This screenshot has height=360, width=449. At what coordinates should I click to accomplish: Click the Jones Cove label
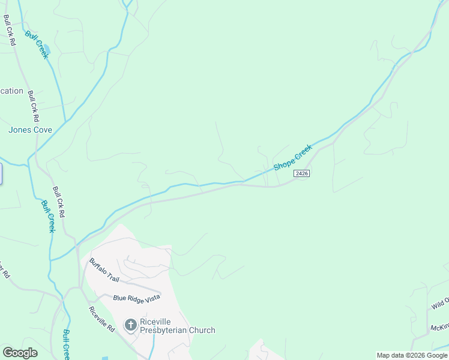coord(30,130)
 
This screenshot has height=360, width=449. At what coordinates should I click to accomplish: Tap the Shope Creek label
coord(293,157)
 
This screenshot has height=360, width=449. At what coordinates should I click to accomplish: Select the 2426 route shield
coord(301,173)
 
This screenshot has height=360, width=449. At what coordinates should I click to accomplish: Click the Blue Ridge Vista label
coord(137,298)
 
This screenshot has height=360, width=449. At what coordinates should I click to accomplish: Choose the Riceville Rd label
coord(101,319)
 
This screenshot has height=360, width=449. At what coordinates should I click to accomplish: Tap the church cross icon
coord(130,325)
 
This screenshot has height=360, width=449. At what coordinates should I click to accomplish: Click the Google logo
coord(20,353)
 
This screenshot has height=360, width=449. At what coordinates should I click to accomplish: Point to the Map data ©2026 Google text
coord(412,355)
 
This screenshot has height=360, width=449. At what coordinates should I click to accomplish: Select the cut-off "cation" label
coord(11,91)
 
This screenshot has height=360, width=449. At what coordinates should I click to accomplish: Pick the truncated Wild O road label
coord(439,304)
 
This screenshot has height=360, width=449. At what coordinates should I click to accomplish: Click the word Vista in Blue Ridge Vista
coord(151,298)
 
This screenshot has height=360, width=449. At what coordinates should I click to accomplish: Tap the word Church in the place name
coord(203,330)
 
